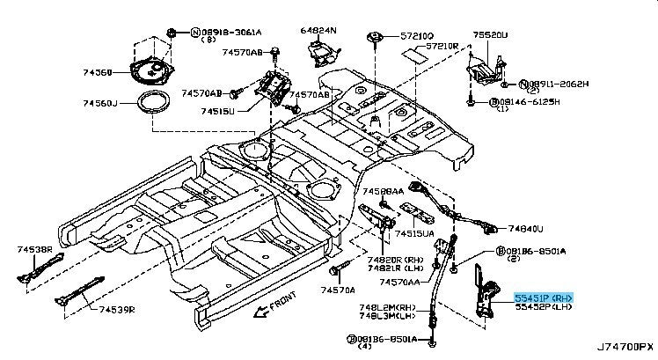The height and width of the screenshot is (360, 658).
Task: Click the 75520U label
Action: (491, 35)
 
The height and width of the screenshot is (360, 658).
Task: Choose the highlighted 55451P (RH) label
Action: (543, 298)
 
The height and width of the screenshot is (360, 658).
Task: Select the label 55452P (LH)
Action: (543, 308)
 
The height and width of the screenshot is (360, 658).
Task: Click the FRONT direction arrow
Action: (260, 310)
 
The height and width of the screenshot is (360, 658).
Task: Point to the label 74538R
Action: (34, 251)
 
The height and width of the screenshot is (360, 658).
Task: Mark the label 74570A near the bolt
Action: (338, 290)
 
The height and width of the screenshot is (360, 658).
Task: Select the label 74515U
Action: (218, 112)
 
